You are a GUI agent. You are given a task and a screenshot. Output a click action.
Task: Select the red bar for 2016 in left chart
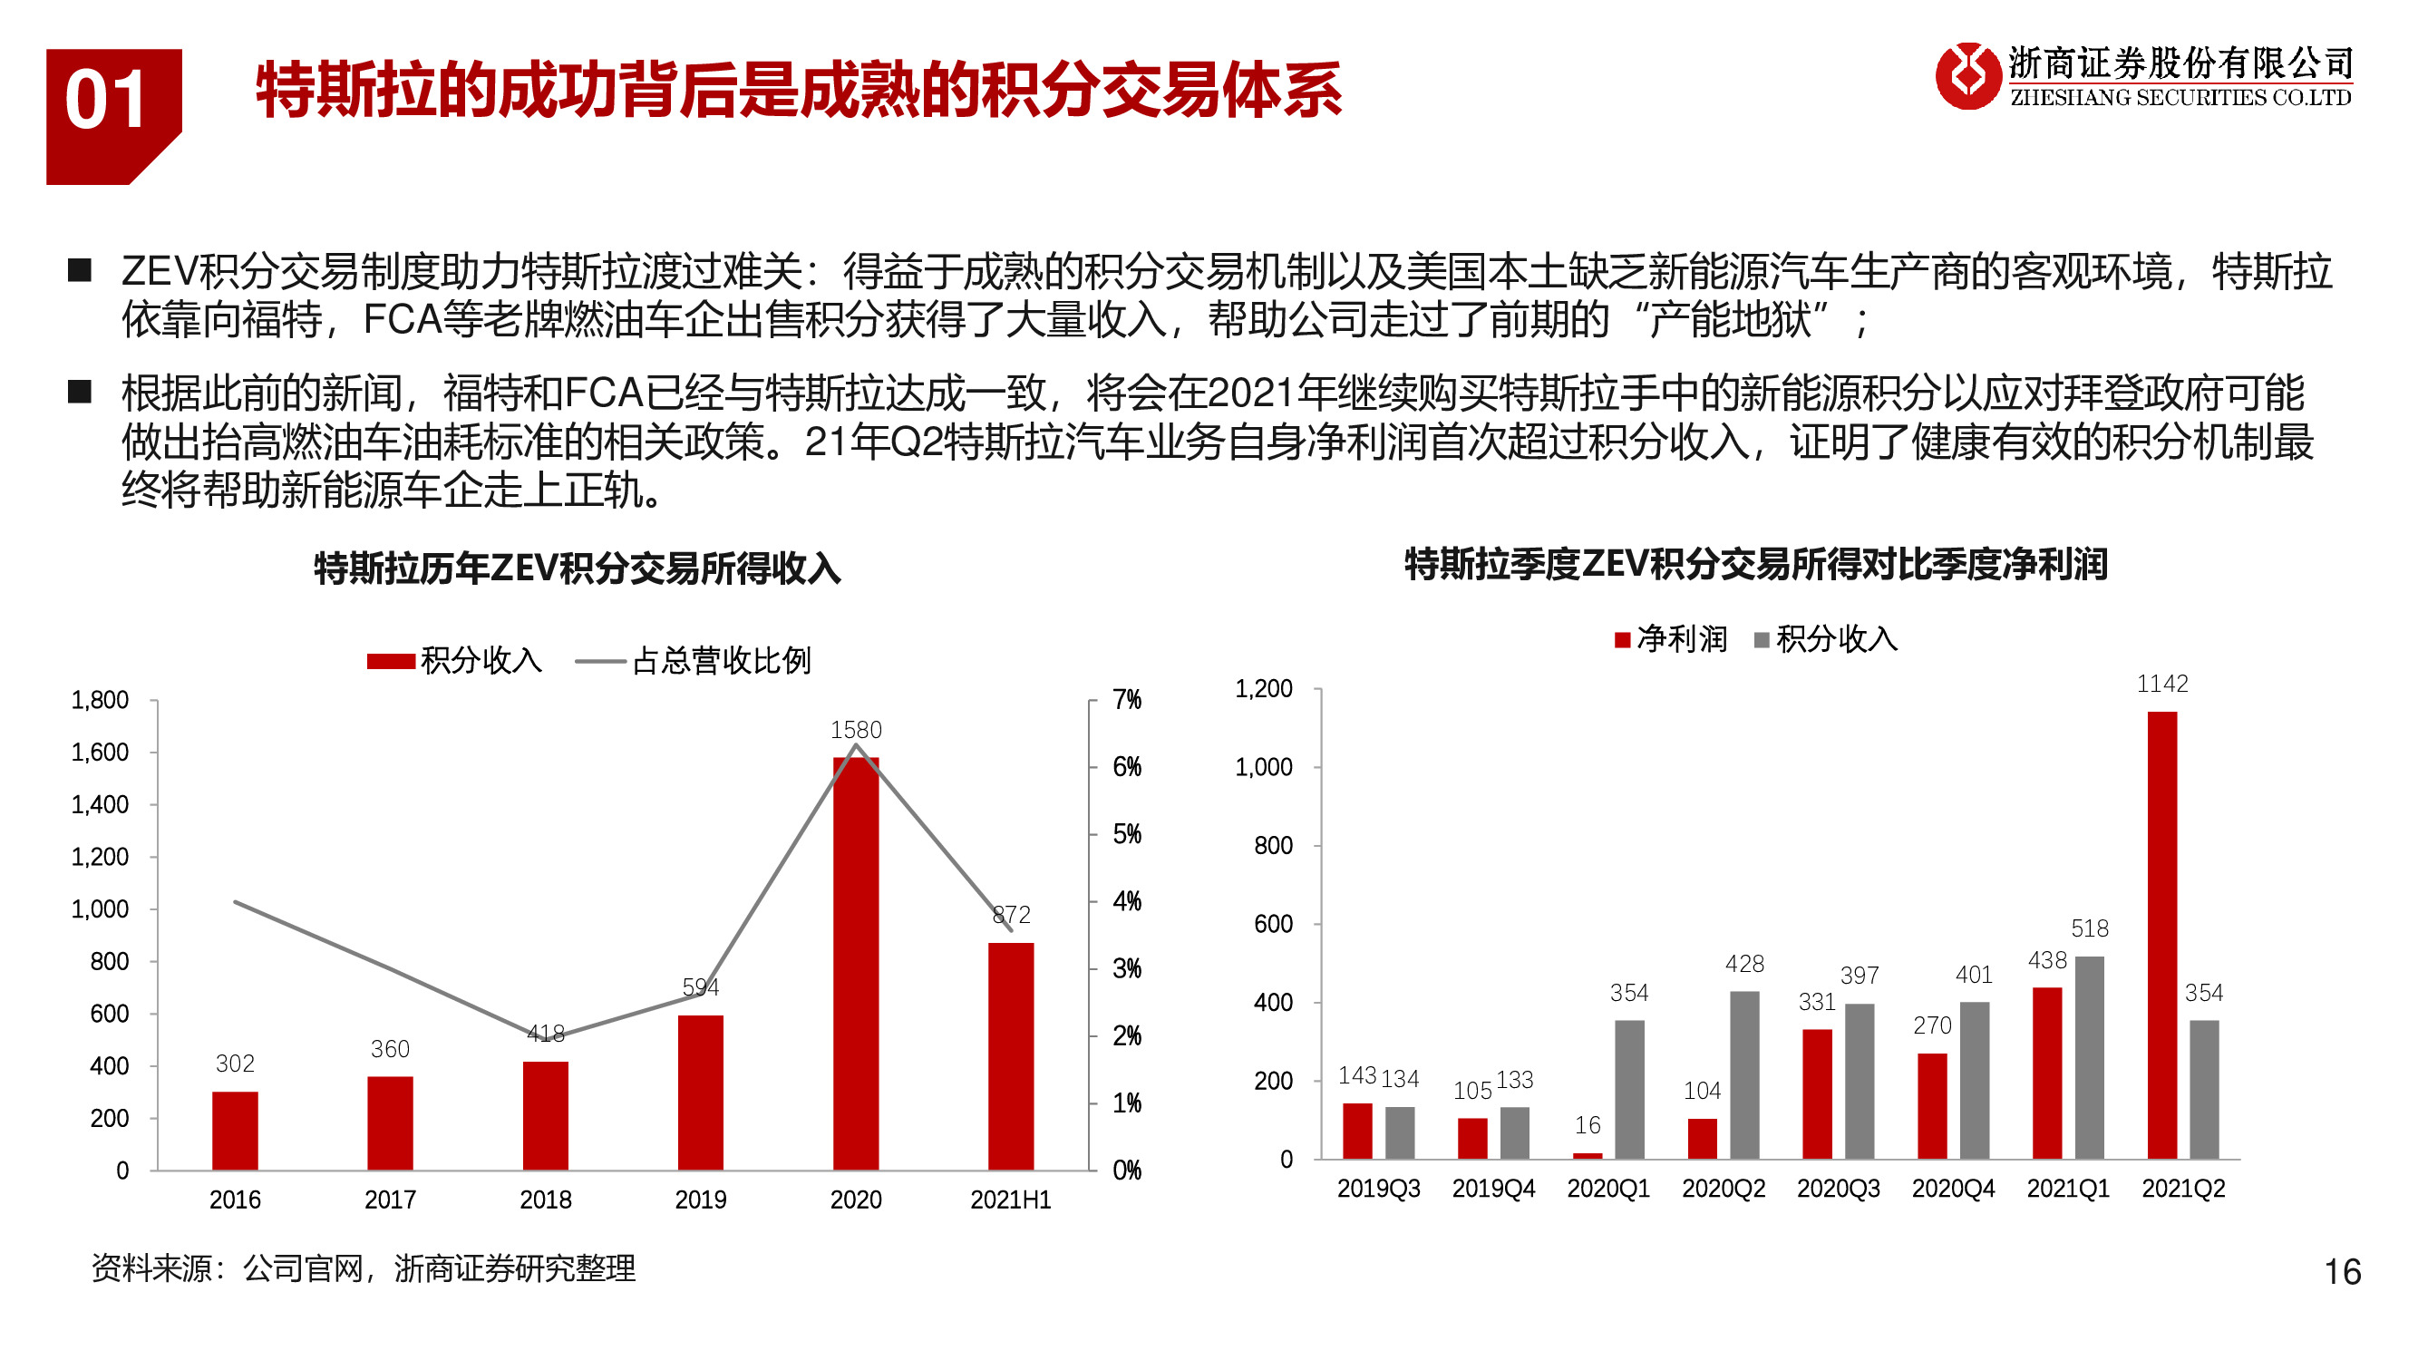pyautogui.click(x=235, y=1130)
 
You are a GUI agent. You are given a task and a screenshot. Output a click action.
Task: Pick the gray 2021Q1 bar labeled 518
pyautogui.click(x=2089, y=1057)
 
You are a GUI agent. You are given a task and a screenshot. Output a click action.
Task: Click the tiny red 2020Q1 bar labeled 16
pyautogui.click(x=1587, y=1155)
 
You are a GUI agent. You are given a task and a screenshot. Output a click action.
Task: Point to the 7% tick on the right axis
pyautogui.click(x=1126, y=700)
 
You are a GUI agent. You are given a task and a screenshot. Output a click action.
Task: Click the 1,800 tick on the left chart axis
pyautogui.click(x=100, y=700)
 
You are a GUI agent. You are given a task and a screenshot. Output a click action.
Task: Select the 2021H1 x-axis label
pyautogui.click(x=1010, y=1200)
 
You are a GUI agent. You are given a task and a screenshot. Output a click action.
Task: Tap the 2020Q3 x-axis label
pyautogui.click(x=1837, y=1189)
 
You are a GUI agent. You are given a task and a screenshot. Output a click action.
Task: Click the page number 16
pyautogui.click(x=2341, y=1272)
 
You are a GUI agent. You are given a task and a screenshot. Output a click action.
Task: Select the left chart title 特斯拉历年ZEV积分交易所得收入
pyautogui.click(x=577, y=568)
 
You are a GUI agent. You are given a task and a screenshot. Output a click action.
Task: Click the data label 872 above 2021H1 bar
pyautogui.click(x=1011, y=914)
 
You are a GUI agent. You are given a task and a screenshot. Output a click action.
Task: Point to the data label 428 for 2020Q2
pyautogui.click(x=1743, y=964)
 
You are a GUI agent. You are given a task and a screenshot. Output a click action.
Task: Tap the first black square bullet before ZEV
pyautogui.click(x=80, y=271)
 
